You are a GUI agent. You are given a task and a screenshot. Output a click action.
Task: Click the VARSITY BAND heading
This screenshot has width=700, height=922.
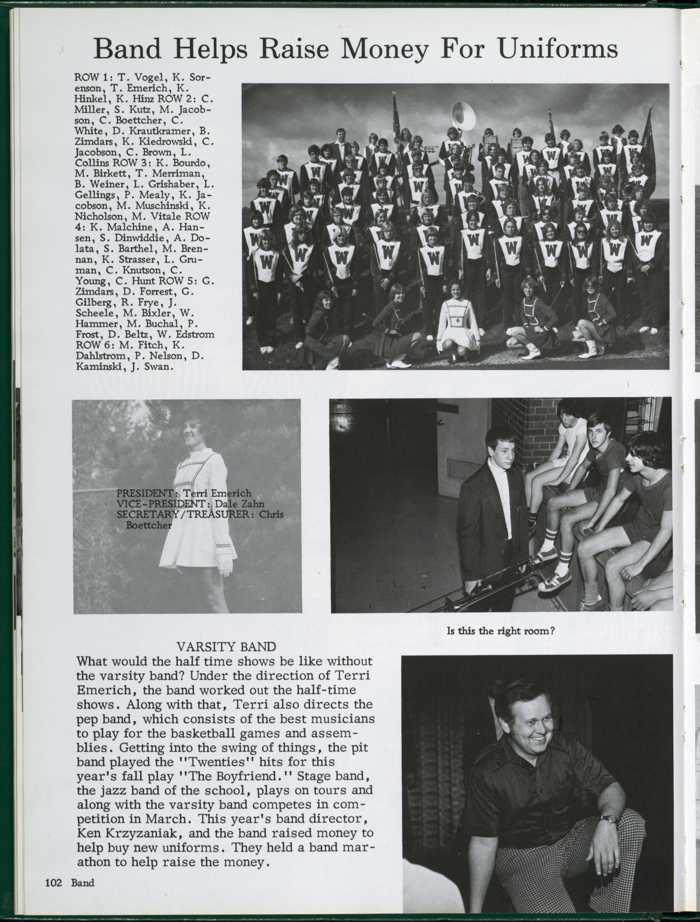pos(226,647)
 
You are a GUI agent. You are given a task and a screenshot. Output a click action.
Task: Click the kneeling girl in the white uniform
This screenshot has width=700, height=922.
pos(457,321)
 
